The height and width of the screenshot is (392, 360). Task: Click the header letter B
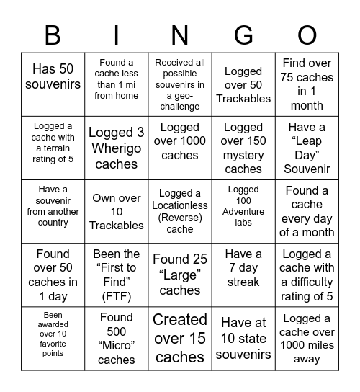coord(53,34)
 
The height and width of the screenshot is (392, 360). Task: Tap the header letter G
coord(243,34)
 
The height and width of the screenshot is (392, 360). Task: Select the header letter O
coord(307,34)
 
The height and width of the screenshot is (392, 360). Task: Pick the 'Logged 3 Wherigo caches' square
coord(116,148)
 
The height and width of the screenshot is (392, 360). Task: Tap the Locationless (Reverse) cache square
coord(179,211)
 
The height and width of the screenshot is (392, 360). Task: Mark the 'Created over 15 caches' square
coord(179,338)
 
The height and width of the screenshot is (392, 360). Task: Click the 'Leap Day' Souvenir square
coord(307,148)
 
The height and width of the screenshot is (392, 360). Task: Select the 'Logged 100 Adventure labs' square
coord(243,211)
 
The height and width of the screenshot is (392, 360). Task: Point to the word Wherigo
coord(116,148)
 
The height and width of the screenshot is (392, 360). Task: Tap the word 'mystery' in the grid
coord(243,155)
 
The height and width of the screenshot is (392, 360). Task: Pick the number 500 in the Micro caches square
coord(116,331)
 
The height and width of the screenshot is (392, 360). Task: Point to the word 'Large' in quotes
coord(179,275)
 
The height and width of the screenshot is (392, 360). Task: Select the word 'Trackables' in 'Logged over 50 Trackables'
coord(243,98)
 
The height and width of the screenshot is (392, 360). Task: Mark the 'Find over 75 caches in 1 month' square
coord(307,84)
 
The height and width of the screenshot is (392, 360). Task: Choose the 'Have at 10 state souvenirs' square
coord(243,338)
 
